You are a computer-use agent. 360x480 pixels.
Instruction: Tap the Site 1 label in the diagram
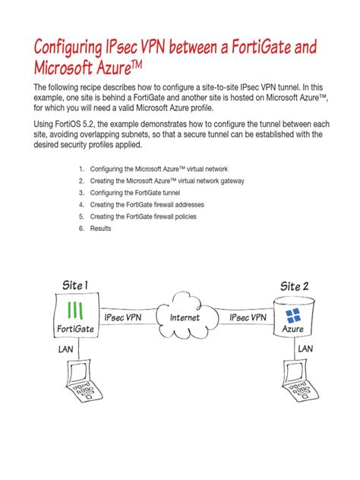[x=75, y=286]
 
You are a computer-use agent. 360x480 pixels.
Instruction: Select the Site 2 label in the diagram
[x=295, y=286]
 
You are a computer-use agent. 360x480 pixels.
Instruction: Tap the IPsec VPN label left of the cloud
[x=123, y=317]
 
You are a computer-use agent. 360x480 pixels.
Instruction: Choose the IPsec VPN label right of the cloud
[x=248, y=317]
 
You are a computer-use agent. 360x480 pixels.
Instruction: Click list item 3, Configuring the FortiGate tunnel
[x=141, y=193]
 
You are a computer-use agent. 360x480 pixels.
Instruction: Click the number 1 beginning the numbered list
[x=81, y=169]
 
